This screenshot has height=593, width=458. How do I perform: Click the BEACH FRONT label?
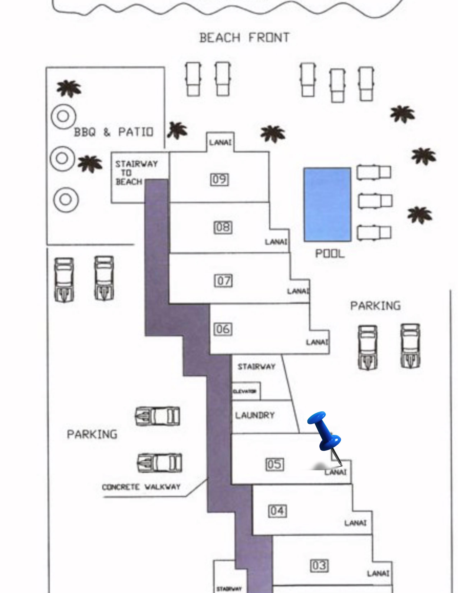click(x=244, y=38)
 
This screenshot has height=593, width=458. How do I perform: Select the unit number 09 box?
click(x=219, y=180)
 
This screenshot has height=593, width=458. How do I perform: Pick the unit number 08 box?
click(x=223, y=227)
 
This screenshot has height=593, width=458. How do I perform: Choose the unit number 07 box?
click(x=223, y=281)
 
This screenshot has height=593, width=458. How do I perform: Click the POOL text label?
click(x=330, y=254)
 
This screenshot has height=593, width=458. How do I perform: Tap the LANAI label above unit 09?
click(x=220, y=142)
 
